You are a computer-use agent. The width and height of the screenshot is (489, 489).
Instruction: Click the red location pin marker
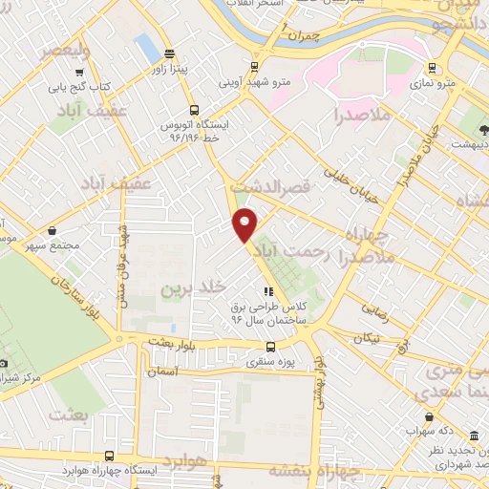245,223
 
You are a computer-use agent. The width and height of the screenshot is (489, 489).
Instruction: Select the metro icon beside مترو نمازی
434,67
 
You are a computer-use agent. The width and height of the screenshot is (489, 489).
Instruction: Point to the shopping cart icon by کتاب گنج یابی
80,70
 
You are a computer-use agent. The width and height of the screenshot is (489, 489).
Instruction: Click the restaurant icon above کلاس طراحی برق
268,291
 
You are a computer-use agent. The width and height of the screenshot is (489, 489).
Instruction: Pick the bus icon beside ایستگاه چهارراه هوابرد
109,457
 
